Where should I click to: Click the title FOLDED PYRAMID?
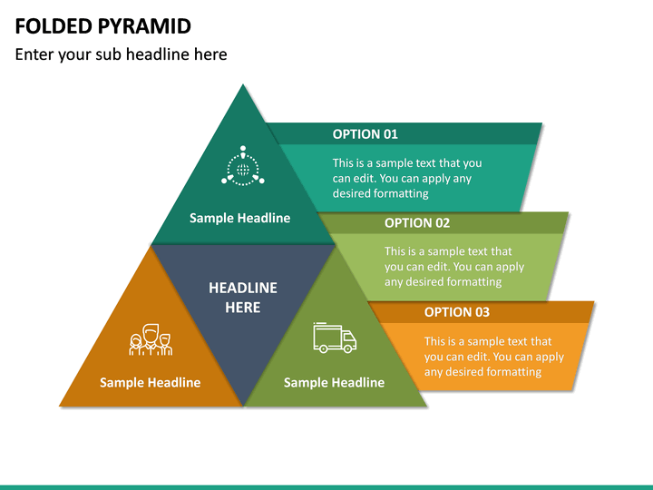coord(103,24)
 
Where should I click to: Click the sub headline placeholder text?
coord(121,54)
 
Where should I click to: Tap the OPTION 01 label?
coord(365,133)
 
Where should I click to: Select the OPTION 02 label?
coord(416,222)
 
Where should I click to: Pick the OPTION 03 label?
coord(456,311)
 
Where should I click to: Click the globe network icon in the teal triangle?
coord(242,168)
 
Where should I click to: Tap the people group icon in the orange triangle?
coord(151,339)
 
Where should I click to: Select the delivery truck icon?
coord(335,337)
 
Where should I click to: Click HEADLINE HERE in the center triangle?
coord(243,298)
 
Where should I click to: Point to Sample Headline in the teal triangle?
coord(239,218)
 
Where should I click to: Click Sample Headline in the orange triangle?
coord(150,382)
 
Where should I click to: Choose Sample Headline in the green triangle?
coord(334,382)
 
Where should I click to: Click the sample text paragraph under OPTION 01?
coord(406,178)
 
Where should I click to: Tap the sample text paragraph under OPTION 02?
coord(453,266)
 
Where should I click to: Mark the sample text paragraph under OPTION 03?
coord(493,356)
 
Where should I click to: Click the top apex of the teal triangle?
coord(242,85)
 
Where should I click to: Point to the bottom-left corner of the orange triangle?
coord(61,405)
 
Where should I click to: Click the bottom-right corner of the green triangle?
coord(424,405)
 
